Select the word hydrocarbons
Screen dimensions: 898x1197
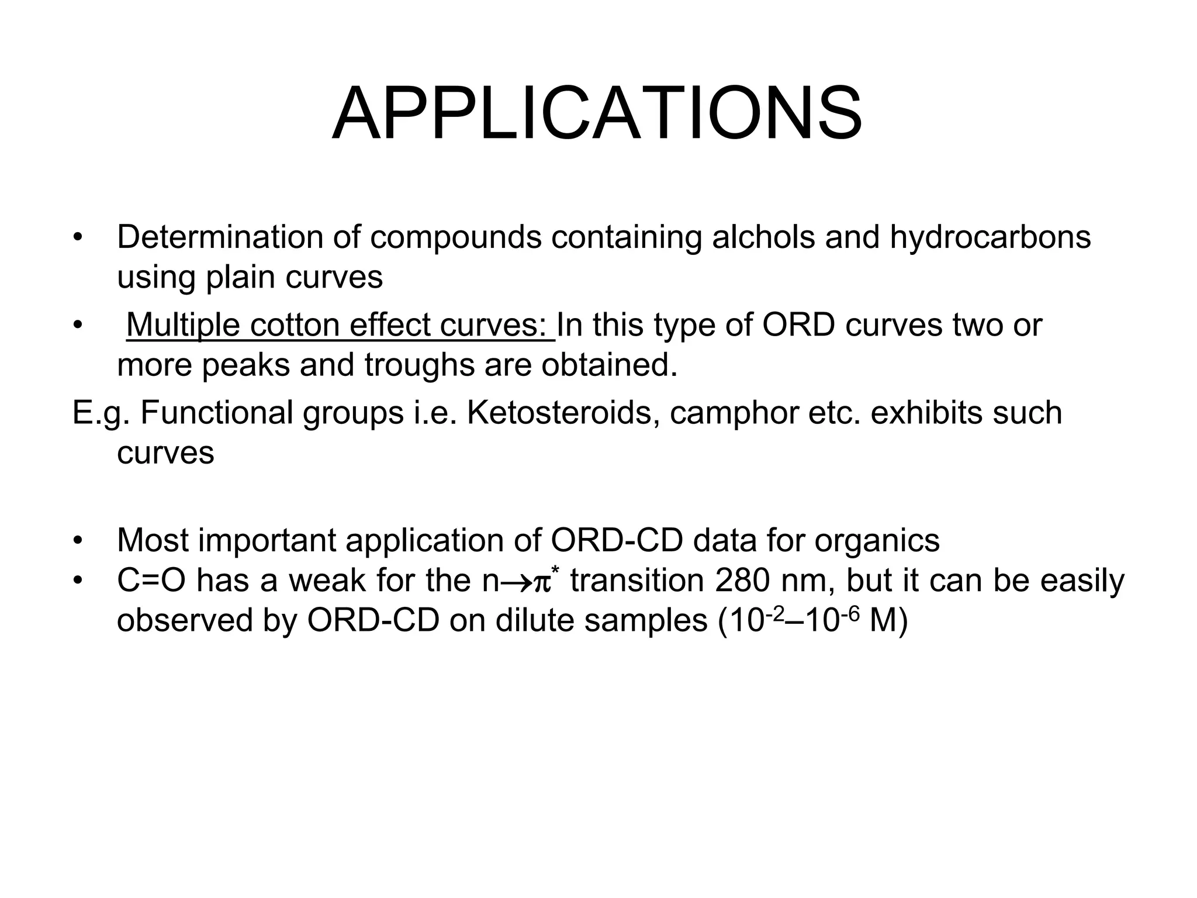click(990, 237)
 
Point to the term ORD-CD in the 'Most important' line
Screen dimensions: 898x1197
click(617, 540)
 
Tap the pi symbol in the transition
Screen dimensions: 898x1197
click(542, 583)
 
